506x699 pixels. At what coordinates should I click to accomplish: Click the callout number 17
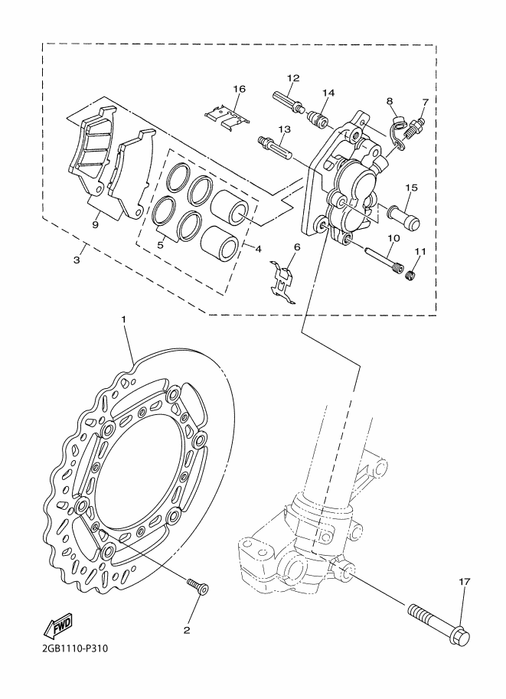[465, 582]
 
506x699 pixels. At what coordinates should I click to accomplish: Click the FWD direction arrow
[57, 627]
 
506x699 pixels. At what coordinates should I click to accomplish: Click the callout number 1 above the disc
[123, 319]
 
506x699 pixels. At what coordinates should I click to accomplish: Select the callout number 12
[293, 78]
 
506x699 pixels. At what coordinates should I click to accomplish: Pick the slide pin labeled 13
[276, 147]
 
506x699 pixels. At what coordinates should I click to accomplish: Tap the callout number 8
[390, 101]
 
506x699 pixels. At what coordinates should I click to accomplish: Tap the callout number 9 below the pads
[95, 224]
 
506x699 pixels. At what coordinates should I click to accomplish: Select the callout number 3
[77, 260]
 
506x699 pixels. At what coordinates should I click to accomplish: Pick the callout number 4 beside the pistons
[257, 249]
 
